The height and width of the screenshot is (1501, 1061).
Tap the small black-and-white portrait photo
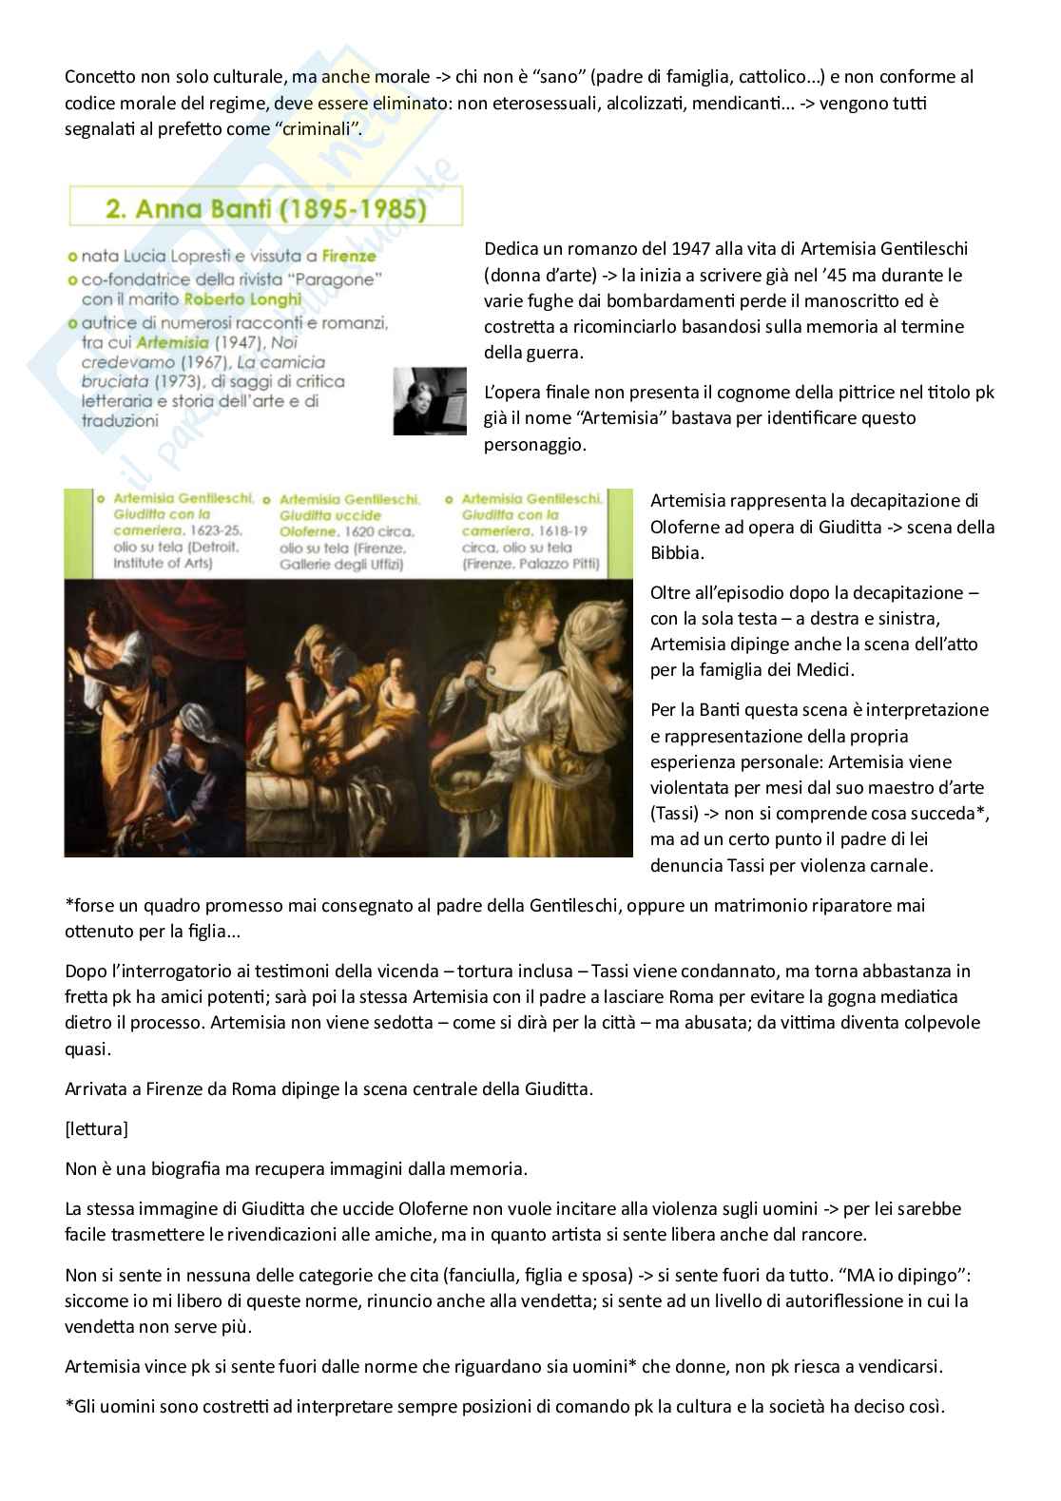430,401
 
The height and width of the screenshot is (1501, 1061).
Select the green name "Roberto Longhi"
242,299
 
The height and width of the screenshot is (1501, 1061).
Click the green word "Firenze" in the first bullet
348,256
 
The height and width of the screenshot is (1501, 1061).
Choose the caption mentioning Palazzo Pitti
530,531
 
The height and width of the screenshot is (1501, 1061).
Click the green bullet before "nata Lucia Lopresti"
73,257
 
